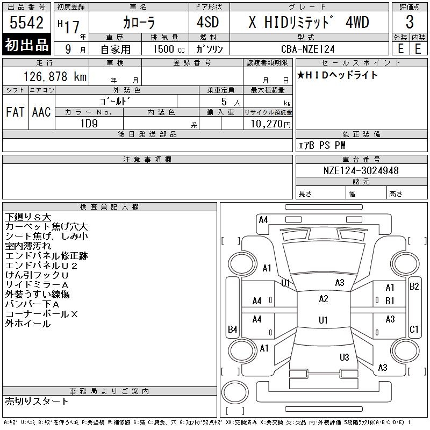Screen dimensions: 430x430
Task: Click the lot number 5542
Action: tap(26, 23)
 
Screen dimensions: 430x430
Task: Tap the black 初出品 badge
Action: tap(26, 45)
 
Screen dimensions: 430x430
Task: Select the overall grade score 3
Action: tap(410, 22)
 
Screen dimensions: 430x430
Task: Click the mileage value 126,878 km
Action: tap(55, 77)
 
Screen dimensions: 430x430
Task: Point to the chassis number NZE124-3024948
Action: tap(361, 170)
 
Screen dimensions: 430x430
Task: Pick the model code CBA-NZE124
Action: tap(308, 49)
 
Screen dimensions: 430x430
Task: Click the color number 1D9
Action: tap(89, 124)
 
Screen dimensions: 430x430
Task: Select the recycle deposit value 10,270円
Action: tap(271, 124)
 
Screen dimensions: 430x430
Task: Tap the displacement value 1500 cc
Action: tap(169, 49)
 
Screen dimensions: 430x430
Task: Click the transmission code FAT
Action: tap(16, 112)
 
